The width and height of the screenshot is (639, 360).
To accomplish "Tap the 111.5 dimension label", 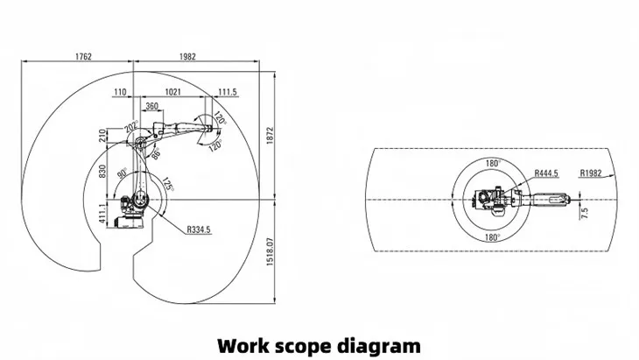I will pyautogui.click(x=228, y=91).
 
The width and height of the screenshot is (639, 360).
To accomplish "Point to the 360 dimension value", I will pyautogui.click(x=151, y=106).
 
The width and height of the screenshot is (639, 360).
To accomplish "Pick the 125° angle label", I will pyautogui.click(x=165, y=184).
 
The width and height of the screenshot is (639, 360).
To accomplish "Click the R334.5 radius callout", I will pyautogui.click(x=199, y=229).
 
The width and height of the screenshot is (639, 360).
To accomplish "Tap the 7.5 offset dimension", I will pyautogui.click(x=584, y=210).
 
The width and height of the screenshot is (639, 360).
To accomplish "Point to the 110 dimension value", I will pyautogui.click(x=120, y=91).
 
